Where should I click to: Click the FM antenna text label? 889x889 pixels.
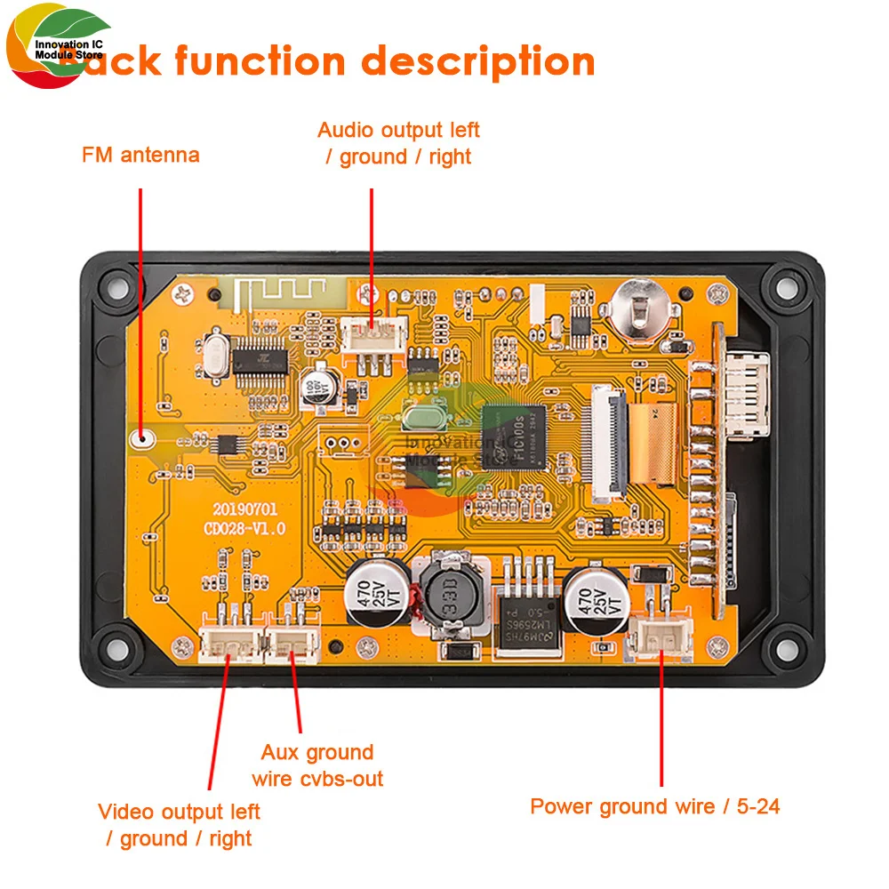pos(140,156)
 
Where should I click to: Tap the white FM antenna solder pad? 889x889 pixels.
pos(140,437)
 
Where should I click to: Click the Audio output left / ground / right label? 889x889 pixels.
pos(398,143)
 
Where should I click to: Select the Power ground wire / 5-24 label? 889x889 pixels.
pos(655,807)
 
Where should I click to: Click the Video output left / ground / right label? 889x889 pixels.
pos(179,825)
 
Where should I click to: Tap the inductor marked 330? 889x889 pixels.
pos(452,594)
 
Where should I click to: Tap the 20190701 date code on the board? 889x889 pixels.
pos(244,510)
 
